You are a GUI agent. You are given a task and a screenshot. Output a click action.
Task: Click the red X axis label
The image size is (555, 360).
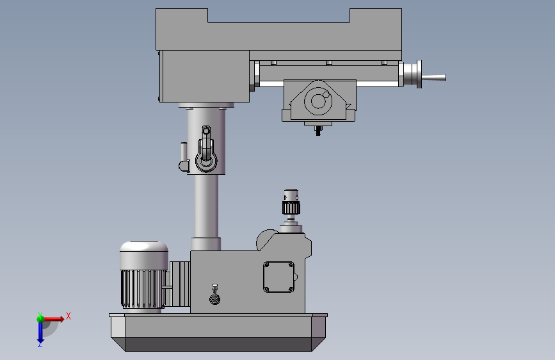[68, 316]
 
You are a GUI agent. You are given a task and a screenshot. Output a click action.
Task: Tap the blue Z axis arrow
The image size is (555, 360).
[40, 332]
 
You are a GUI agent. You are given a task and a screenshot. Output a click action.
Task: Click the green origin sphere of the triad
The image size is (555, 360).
[40, 319]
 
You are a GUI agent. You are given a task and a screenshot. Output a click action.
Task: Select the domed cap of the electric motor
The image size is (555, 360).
[143, 255]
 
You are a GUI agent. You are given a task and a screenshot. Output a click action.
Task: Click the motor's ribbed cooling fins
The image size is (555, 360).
[143, 288]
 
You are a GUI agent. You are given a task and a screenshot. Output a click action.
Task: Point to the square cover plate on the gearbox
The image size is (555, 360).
[278, 277]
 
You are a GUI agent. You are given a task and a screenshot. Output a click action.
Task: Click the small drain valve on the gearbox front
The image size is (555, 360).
[214, 295]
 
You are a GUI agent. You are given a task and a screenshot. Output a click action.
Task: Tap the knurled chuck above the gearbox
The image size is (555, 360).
[291, 208]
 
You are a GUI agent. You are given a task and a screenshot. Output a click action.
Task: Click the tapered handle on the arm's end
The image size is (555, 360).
[434, 78]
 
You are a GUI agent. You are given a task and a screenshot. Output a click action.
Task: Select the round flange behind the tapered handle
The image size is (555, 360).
[419, 74]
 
